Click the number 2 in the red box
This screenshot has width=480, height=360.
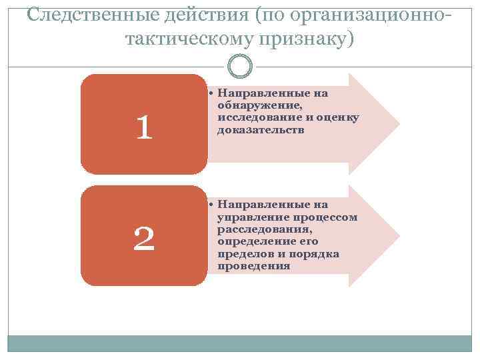tap(143, 238)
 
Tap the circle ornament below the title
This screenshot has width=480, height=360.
tap(239, 65)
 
